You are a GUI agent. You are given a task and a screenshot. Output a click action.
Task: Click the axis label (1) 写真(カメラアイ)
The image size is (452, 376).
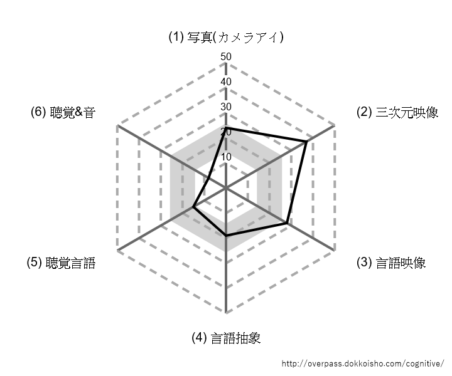pyautogui.click(x=226, y=37)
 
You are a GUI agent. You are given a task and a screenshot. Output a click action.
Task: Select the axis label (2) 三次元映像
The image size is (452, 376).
pyautogui.click(x=397, y=112)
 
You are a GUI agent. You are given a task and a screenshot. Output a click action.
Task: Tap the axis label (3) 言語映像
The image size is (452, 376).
pyautogui.click(x=391, y=263)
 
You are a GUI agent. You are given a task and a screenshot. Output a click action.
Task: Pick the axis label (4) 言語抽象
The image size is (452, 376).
pyautogui.click(x=226, y=338)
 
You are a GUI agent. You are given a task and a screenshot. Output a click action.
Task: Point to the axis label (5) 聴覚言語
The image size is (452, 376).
pyautogui.click(x=61, y=263)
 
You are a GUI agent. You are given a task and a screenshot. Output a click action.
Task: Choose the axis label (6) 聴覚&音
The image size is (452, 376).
pyautogui.click(x=63, y=112)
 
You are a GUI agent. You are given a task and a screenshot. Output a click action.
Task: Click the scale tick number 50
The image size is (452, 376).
pyautogui.click(x=226, y=56)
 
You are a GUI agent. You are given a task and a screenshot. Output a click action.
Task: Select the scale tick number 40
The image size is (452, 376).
pyautogui.click(x=226, y=81)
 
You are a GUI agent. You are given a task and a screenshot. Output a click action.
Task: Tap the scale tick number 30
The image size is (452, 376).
pyautogui.click(x=226, y=107)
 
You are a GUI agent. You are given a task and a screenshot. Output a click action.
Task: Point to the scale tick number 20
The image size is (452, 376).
pyautogui.click(x=226, y=132)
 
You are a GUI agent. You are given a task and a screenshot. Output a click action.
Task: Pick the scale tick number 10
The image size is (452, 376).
pyautogui.click(x=226, y=157)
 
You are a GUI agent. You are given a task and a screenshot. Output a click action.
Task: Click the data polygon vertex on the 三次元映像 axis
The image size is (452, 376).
pyautogui.click(x=306, y=142)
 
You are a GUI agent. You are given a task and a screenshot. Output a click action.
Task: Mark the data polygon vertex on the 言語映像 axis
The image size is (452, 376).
pyautogui.click(x=286, y=223)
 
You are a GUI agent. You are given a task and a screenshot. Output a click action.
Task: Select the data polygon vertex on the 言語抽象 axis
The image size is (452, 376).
pyautogui.click(x=226, y=236)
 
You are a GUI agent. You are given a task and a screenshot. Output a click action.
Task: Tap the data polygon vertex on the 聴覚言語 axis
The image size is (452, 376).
pyautogui.click(x=193, y=207)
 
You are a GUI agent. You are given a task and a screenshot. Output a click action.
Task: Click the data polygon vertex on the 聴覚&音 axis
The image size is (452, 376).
pyautogui.click(x=208, y=178)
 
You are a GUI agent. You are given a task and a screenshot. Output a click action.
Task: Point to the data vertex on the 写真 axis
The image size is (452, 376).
pyautogui.click(x=226, y=127)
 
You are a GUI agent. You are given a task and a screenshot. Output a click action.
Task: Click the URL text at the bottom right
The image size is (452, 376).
pyautogui.click(x=363, y=363)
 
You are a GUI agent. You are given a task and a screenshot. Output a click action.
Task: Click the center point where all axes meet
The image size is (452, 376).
pyautogui.click(x=226, y=188)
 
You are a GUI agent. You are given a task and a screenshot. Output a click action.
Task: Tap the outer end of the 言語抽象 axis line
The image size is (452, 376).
pyautogui.click(x=226, y=313)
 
